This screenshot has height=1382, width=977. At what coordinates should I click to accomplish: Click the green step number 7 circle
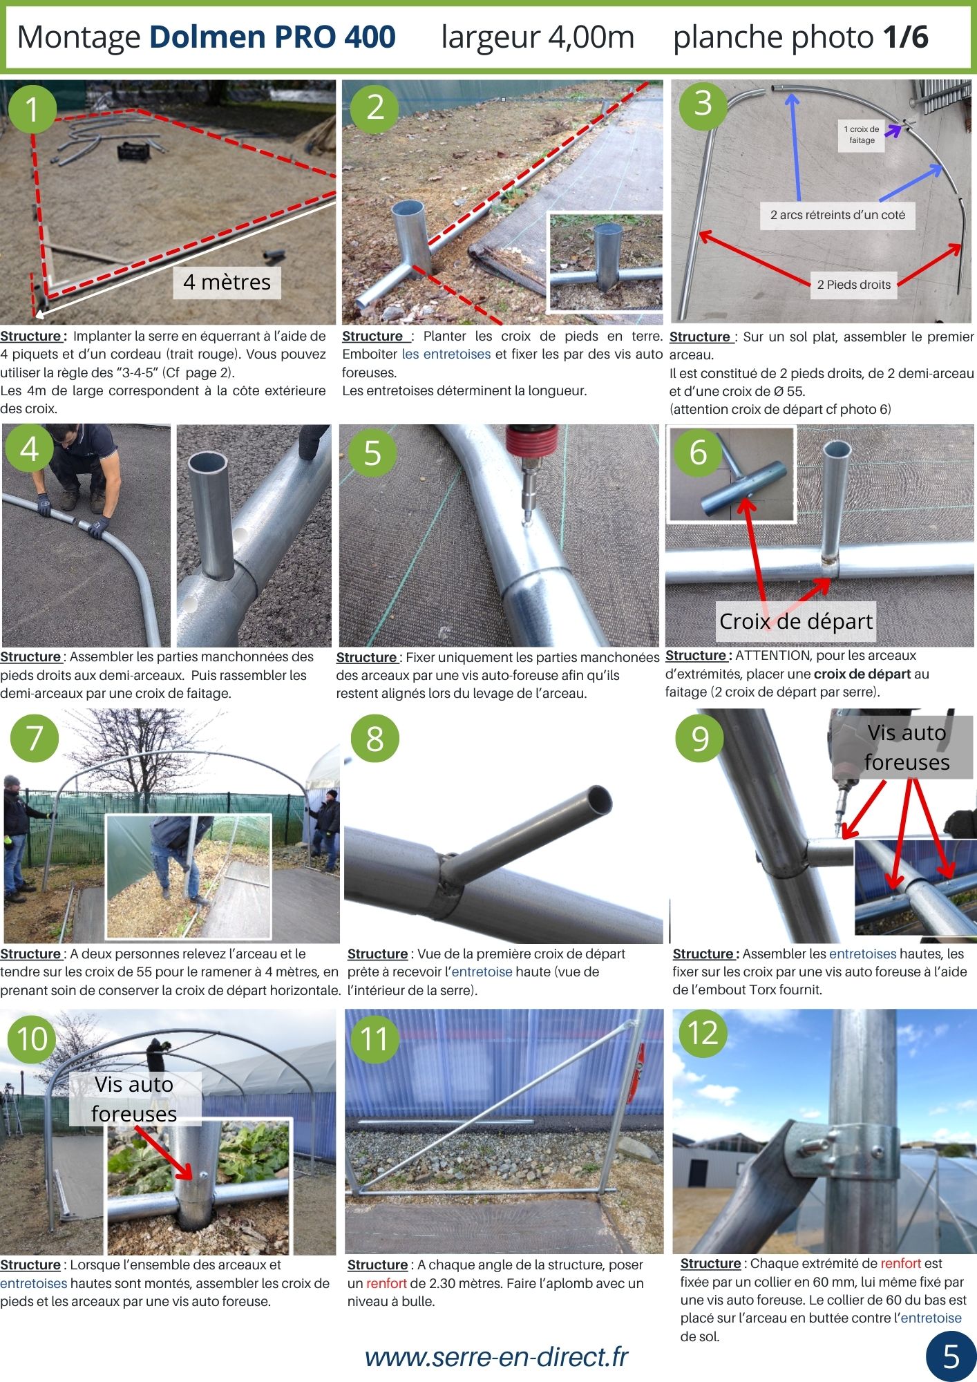click(x=35, y=737)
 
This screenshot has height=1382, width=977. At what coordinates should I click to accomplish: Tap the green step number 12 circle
click(x=703, y=1034)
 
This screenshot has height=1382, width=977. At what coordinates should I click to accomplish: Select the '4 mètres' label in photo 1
click(x=227, y=282)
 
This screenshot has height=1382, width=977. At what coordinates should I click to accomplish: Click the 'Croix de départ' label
click(x=796, y=621)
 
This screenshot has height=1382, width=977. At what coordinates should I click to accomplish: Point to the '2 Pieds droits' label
click(x=854, y=285)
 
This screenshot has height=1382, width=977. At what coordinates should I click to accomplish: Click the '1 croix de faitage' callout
click(x=862, y=135)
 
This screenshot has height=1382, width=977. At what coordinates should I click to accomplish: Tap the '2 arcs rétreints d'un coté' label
click(x=837, y=215)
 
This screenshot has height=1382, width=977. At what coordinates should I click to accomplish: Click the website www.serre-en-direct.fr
click(x=496, y=1357)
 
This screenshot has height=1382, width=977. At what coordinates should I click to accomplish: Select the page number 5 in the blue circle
click(x=951, y=1357)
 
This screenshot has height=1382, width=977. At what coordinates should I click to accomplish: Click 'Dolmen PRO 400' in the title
click(x=273, y=37)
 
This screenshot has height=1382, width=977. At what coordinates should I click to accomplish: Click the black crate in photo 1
click(x=134, y=150)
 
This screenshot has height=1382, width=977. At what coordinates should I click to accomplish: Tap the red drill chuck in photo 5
click(x=531, y=439)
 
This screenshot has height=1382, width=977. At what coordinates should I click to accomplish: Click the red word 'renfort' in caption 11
click(x=386, y=1283)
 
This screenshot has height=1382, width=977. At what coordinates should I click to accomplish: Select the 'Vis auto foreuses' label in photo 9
click(x=907, y=747)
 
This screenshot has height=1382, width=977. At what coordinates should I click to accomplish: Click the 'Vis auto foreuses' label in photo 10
click(x=134, y=1099)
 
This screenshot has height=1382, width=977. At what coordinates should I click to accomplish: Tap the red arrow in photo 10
click(x=163, y=1152)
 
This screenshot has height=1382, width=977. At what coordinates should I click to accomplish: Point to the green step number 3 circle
click(x=703, y=104)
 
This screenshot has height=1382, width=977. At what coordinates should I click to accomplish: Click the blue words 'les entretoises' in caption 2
click(x=446, y=354)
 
